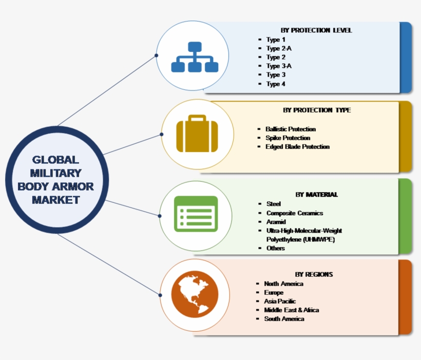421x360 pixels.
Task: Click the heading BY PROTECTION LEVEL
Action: [x=316, y=30]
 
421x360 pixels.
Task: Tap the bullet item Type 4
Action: [x=276, y=84]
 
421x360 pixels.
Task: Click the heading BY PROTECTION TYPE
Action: [x=316, y=110]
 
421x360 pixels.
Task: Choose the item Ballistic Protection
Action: [x=291, y=129]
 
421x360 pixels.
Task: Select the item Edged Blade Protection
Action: [x=297, y=147]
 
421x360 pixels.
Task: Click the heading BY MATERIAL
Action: [x=316, y=195]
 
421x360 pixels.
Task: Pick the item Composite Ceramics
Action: [x=294, y=213]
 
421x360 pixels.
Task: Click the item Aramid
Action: [x=277, y=222]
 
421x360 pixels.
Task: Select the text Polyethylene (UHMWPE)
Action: [x=297, y=239]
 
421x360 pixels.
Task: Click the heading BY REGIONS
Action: [x=314, y=274]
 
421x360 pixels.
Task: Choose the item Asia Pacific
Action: [x=280, y=301]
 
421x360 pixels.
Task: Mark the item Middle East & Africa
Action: [x=291, y=310]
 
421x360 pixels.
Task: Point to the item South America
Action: [x=284, y=319]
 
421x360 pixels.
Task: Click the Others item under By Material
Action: [x=275, y=248]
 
